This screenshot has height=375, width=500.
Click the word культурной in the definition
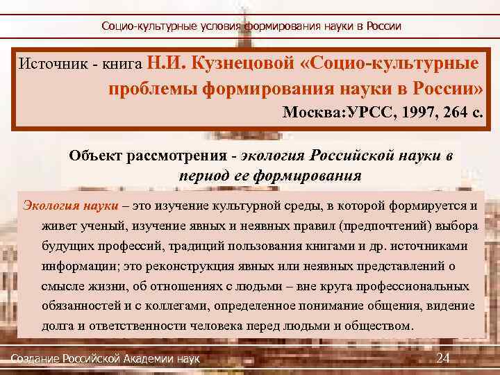[x=266, y=206]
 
